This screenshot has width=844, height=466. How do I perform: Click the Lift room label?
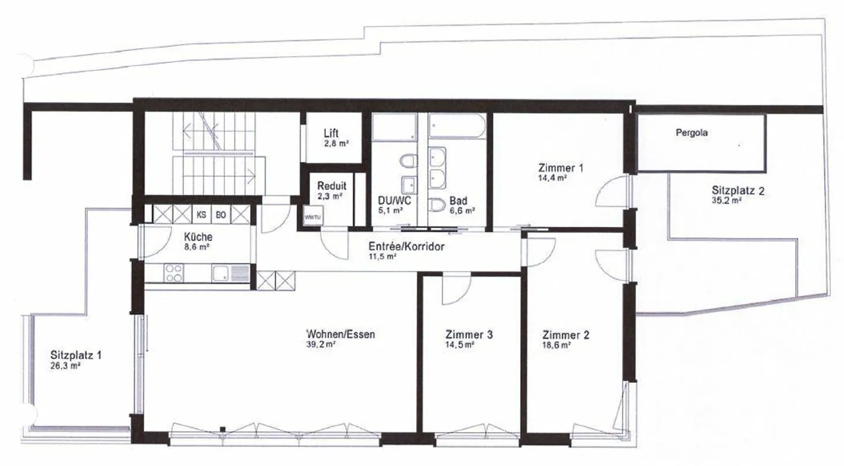click(x=331, y=134)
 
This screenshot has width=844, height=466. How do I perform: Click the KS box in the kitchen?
click(x=201, y=215)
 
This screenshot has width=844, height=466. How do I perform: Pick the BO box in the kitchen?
click(x=221, y=215)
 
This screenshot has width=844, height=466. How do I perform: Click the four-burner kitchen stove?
click(x=173, y=273)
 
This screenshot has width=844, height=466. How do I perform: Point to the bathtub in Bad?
click(x=457, y=127)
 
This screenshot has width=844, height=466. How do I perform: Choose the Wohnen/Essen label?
click(x=341, y=335)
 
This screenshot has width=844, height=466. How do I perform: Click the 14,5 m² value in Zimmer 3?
click(x=460, y=345)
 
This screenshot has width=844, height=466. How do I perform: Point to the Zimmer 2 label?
click(x=566, y=335)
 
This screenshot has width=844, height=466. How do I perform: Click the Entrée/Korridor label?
click(x=406, y=247)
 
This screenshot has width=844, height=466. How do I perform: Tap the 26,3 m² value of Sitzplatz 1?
click(x=66, y=366)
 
